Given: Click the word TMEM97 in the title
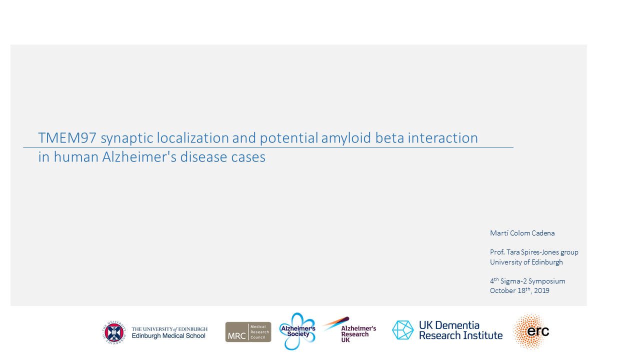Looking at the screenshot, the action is (67, 138).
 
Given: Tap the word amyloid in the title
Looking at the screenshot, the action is (346, 139).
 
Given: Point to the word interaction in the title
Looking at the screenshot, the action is (442, 138).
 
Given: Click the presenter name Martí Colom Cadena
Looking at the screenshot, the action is (522, 233).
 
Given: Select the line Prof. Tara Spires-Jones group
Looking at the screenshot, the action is (534, 252).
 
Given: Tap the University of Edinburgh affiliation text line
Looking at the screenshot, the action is (526, 262).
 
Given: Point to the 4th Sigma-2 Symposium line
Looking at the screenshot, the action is (527, 281).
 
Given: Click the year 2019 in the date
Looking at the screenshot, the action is (541, 290).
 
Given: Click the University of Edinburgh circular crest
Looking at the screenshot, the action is (114, 332).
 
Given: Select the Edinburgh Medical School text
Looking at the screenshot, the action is (168, 335).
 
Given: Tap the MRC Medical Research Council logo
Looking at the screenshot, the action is (248, 332).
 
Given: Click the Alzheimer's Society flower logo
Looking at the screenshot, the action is (297, 331).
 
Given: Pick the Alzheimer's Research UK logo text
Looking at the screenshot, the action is (358, 334).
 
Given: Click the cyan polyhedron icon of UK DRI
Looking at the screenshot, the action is (403, 330).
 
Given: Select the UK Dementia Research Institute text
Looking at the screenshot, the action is (460, 330).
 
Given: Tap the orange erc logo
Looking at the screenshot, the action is (531, 331).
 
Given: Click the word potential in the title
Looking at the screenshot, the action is (288, 138).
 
